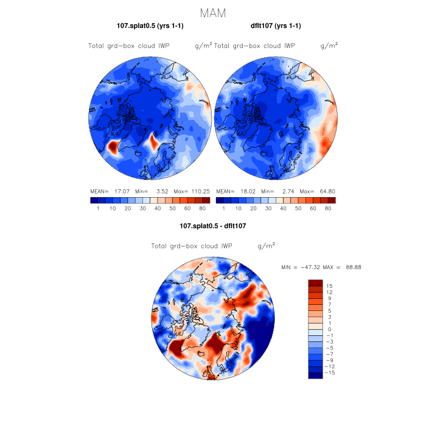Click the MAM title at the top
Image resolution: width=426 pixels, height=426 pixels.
[x=213, y=13]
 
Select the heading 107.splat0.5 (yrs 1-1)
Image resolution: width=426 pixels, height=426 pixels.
[x=150, y=26]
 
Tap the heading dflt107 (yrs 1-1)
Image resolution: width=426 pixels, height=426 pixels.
[x=276, y=26]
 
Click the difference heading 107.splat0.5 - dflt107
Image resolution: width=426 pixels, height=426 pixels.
[x=212, y=226]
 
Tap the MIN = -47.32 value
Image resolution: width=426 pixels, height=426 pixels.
[x=301, y=267]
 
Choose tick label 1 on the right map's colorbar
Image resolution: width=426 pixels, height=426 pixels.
[x=223, y=208]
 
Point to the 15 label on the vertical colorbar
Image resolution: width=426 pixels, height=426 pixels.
[x=329, y=286]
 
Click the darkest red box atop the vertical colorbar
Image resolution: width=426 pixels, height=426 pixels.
[x=315, y=283]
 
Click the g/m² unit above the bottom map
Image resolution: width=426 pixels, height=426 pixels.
[x=266, y=246]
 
